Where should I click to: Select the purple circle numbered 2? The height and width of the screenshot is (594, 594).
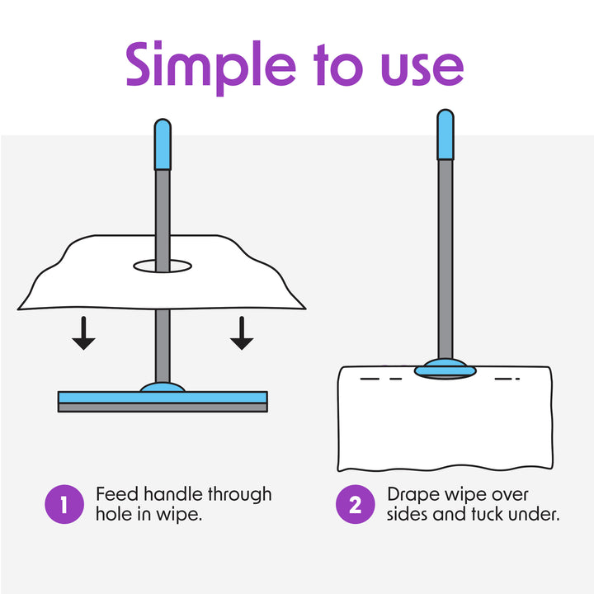tap(356, 505)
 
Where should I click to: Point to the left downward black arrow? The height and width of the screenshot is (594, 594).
tap(82, 332)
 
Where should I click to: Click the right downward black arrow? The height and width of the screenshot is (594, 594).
tap(241, 332)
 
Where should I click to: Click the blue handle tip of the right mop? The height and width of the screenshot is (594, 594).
tap(445, 134)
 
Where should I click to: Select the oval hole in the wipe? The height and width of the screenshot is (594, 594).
tap(163, 266)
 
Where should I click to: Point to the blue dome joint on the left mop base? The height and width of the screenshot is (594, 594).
tap(163, 387)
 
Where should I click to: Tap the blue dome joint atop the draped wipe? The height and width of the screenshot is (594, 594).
tap(445, 368)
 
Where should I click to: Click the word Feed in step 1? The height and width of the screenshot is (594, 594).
tap(116, 495)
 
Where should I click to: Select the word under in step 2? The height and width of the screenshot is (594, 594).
tap(539, 514)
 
